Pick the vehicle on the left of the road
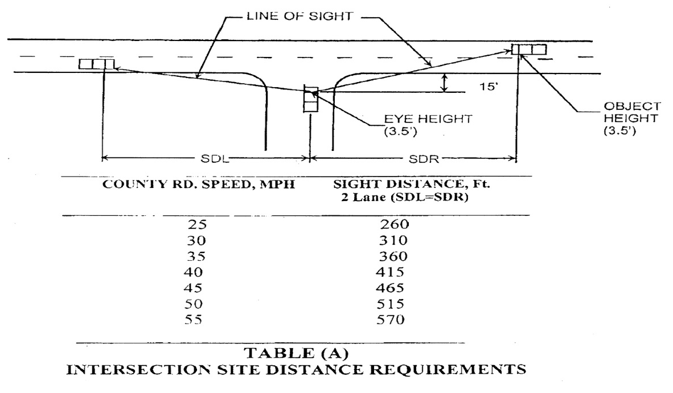(96, 63)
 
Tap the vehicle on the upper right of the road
(530, 49)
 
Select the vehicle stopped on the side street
(311, 100)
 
